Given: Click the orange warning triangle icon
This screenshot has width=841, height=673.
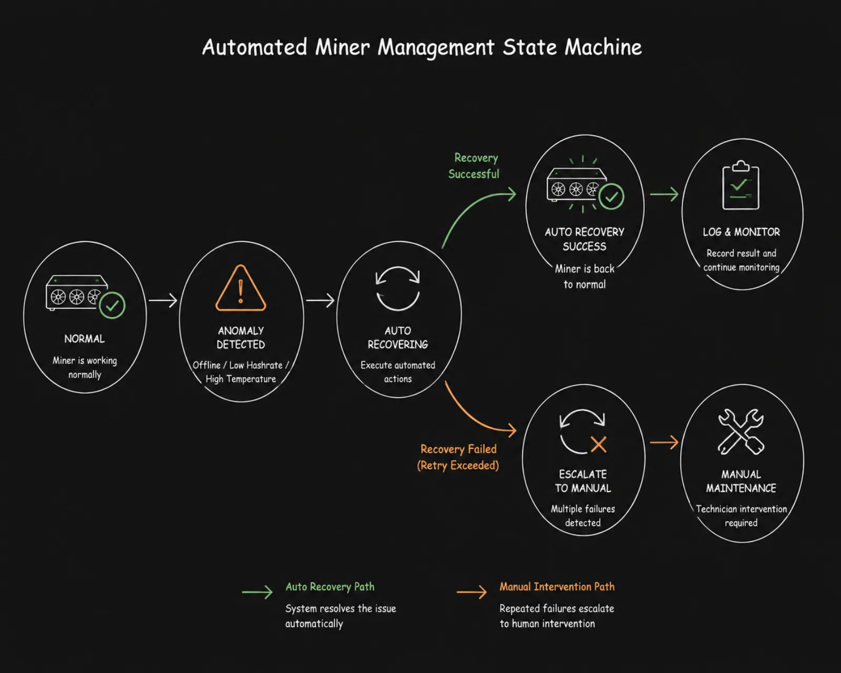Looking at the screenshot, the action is pyautogui.click(x=241, y=288).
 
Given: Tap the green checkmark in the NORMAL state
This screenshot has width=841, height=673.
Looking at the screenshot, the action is pyautogui.click(x=112, y=305).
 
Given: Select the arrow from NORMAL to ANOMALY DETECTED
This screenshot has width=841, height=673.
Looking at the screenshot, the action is pyautogui.click(x=163, y=300).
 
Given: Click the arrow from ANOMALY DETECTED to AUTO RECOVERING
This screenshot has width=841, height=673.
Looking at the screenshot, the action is pyautogui.click(x=320, y=300).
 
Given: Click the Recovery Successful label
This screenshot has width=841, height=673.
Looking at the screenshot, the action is pyautogui.click(x=474, y=165).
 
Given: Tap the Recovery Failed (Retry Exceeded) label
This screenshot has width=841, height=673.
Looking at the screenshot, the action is pyautogui.click(x=458, y=457).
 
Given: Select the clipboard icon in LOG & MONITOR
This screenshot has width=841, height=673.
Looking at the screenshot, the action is pyautogui.click(x=741, y=185).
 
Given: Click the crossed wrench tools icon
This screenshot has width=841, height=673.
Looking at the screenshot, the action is pyautogui.click(x=741, y=431).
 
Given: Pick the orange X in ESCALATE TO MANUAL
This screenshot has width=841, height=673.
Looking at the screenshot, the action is pyautogui.click(x=598, y=444).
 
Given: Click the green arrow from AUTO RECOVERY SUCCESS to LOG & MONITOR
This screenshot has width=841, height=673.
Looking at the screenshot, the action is pyautogui.click(x=664, y=194).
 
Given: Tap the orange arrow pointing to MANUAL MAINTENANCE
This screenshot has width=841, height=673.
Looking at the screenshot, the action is pyautogui.click(x=664, y=442).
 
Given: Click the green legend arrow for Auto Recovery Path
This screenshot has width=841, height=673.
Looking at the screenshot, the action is pyautogui.click(x=257, y=592).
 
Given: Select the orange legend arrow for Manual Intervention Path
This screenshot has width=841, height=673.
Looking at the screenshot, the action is pyautogui.click(x=471, y=592).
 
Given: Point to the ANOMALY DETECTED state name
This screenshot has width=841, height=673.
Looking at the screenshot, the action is pyautogui.click(x=241, y=337).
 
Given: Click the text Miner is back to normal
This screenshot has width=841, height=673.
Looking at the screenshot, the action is pyautogui.click(x=584, y=276).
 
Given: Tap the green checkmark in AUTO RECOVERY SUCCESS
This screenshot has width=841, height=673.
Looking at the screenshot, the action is pyautogui.click(x=612, y=196).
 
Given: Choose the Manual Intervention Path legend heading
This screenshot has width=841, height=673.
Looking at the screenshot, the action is pyautogui.click(x=557, y=587).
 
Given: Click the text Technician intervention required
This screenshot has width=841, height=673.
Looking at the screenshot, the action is pyautogui.click(x=741, y=515).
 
